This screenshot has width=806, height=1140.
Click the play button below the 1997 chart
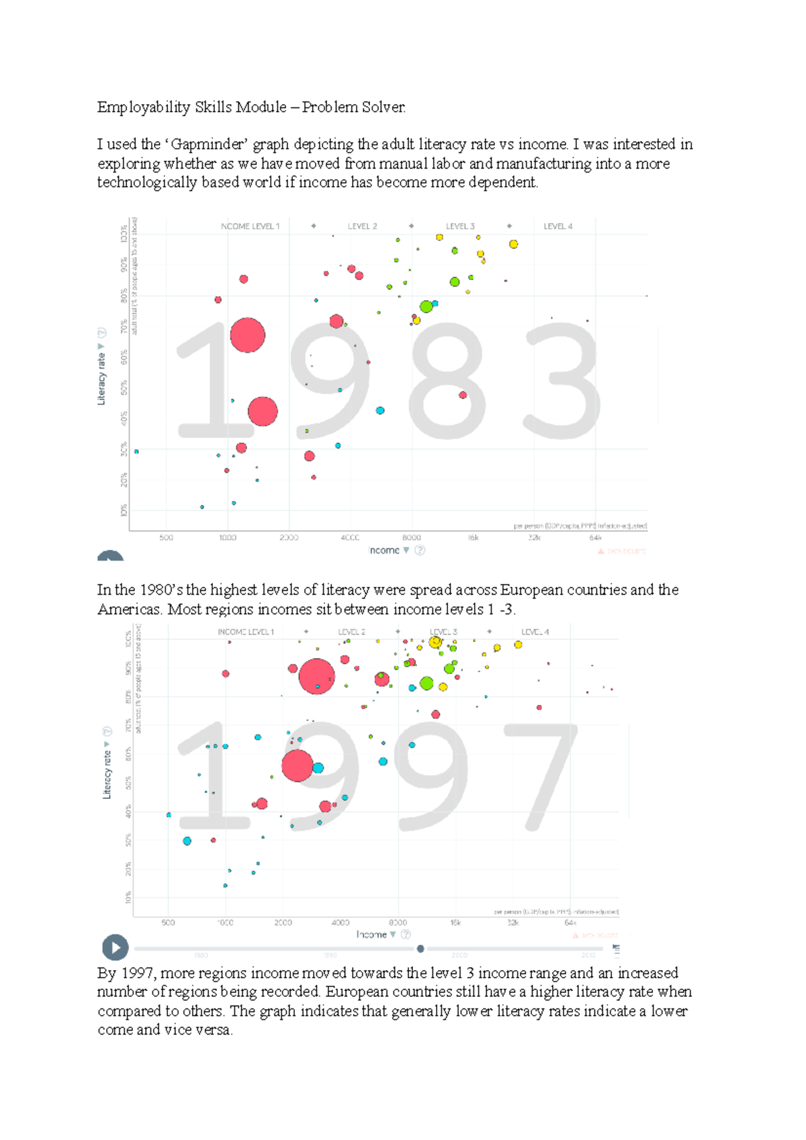coord(115,947)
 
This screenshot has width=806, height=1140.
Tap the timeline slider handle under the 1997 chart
coord(420,949)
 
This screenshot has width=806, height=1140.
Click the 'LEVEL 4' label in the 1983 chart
coord(557,226)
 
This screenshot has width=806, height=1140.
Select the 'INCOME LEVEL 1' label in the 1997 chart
coord(246,632)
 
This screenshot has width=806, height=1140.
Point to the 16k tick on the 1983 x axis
coord(473,538)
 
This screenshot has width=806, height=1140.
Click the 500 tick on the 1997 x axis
coord(168,922)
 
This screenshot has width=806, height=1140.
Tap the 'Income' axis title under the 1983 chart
coord(384,551)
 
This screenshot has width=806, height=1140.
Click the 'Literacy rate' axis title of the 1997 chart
coord(107,774)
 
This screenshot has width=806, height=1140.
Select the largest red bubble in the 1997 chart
coord(316,675)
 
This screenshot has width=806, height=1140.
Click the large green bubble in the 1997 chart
coord(427,683)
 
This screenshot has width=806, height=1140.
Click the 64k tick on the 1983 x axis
coord(595,538)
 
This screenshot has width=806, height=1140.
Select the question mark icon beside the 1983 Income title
coord(420,551)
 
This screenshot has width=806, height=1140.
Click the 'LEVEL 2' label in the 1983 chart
coord(362,226)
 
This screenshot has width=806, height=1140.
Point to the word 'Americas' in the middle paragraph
coord(129,610)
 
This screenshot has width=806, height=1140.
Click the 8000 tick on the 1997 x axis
coord(398,922)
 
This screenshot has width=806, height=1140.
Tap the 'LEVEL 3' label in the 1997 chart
coord(443,632)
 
